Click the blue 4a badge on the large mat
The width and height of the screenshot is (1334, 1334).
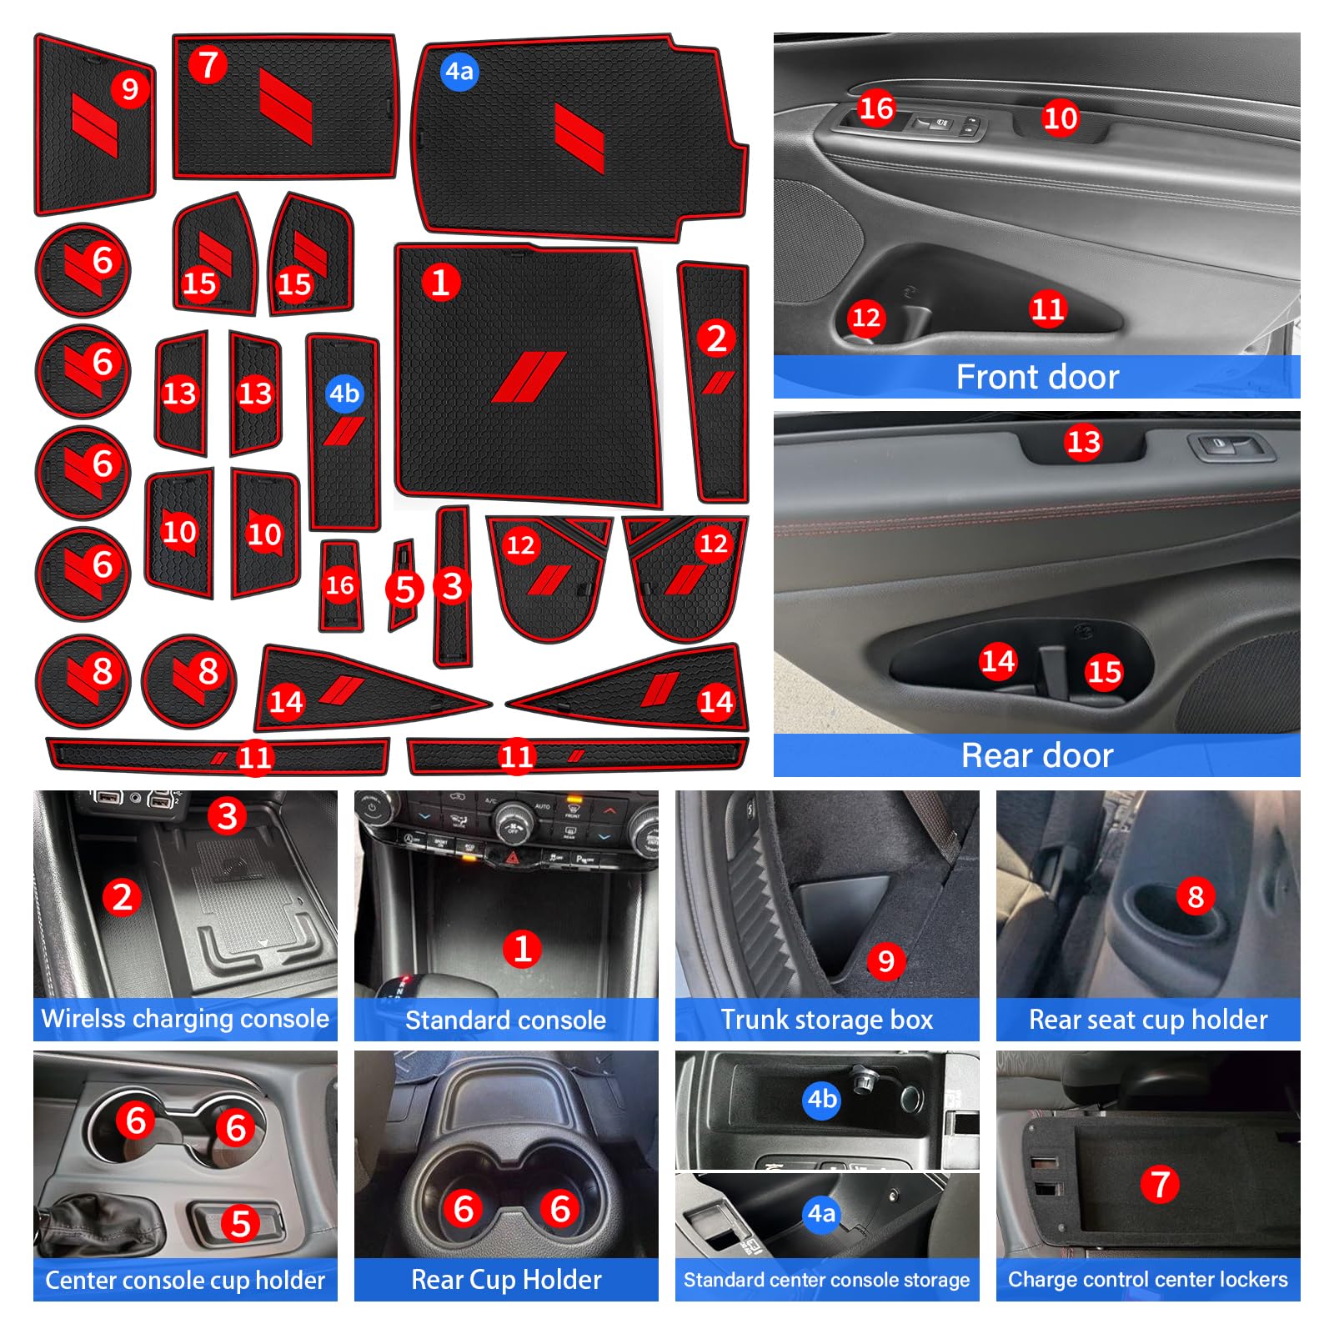(459, 72)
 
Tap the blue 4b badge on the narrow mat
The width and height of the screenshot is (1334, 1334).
(344, 393)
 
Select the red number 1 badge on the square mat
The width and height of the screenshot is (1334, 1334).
(440, 283)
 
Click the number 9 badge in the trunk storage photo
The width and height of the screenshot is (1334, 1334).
(886, 960)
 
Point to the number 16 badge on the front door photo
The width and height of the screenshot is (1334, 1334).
(876, 108)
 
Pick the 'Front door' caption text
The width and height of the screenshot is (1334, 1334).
(1037, 377)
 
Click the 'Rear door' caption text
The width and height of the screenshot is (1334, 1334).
(1037, 755)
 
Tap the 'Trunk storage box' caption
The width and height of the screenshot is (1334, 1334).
(827, 1020)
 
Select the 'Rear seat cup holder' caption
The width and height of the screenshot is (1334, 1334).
(1148, 1020)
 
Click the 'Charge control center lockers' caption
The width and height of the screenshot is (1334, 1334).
(1148, 1279)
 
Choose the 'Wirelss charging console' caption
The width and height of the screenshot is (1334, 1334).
(185, 1019)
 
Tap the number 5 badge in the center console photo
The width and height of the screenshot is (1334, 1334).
(240, 1223)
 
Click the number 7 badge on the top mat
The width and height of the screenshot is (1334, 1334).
(208, 65)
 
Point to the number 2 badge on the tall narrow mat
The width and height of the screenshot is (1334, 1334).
(716, 338)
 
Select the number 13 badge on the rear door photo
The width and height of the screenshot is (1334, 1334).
(1084, 442)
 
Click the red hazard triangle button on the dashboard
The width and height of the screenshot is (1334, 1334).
(513, 857)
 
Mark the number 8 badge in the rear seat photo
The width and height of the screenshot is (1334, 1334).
(1196, 897)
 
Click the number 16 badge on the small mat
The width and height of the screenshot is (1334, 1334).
(340, 585)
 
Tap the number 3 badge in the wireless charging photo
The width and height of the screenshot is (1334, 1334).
(227, 815)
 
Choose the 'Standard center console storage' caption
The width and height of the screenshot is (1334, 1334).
(827, 1280)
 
